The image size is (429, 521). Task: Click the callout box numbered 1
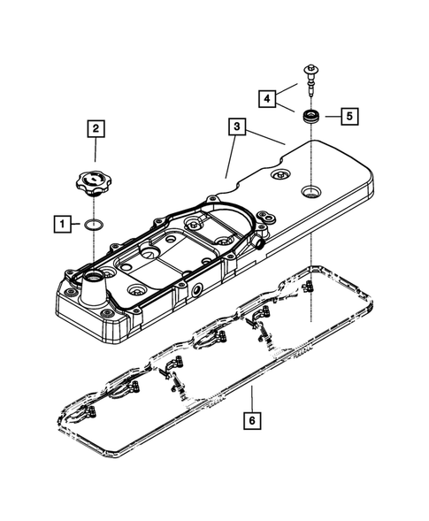[63, 224]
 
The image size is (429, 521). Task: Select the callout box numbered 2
[96, 128]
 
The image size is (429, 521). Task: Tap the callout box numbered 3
[237, 126]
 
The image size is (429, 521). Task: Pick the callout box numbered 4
[267, 99]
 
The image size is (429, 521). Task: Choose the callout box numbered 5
[349, 116]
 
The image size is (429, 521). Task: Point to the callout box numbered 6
[252, 421]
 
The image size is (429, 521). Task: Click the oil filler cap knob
[94, 182]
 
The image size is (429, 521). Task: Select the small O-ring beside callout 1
[94, 225]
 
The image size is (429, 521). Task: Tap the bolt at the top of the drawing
[311, 81]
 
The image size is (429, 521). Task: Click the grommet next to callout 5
[311, 117]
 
